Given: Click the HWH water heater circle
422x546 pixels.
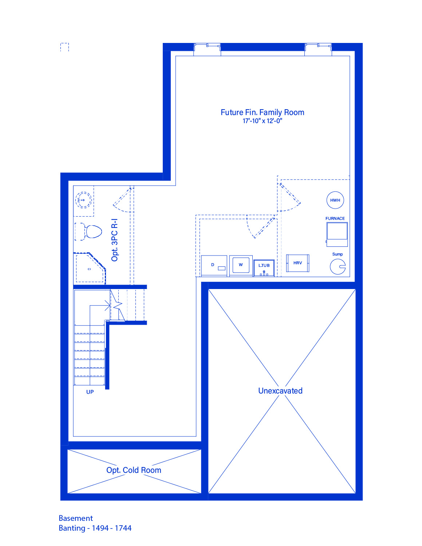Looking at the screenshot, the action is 335,200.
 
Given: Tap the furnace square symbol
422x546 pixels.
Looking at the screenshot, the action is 337,234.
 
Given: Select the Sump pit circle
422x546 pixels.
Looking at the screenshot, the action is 338,266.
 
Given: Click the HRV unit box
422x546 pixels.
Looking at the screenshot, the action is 297,263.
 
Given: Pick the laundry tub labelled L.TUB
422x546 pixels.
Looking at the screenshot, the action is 264,268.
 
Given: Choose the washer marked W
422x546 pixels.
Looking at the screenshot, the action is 241,266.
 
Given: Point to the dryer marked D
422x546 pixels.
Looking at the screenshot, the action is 214,266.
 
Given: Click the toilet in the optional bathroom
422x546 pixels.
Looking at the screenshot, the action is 88,231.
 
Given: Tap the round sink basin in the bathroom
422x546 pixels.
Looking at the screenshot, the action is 83,200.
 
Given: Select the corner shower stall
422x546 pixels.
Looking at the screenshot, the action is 90,268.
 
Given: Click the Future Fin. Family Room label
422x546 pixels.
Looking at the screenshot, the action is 263,112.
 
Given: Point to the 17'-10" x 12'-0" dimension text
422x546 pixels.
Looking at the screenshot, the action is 263,121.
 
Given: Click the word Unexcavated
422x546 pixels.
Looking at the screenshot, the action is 280,391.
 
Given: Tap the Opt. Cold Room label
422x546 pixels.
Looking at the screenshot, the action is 134,470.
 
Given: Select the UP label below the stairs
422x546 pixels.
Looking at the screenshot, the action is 90,392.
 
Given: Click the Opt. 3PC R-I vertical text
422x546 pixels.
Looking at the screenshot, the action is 114,240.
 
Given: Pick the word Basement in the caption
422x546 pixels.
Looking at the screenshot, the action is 76,518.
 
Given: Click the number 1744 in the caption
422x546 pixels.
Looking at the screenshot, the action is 123,528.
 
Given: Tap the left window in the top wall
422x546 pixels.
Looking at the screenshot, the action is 207,49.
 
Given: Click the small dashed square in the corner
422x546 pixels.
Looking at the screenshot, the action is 64,47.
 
